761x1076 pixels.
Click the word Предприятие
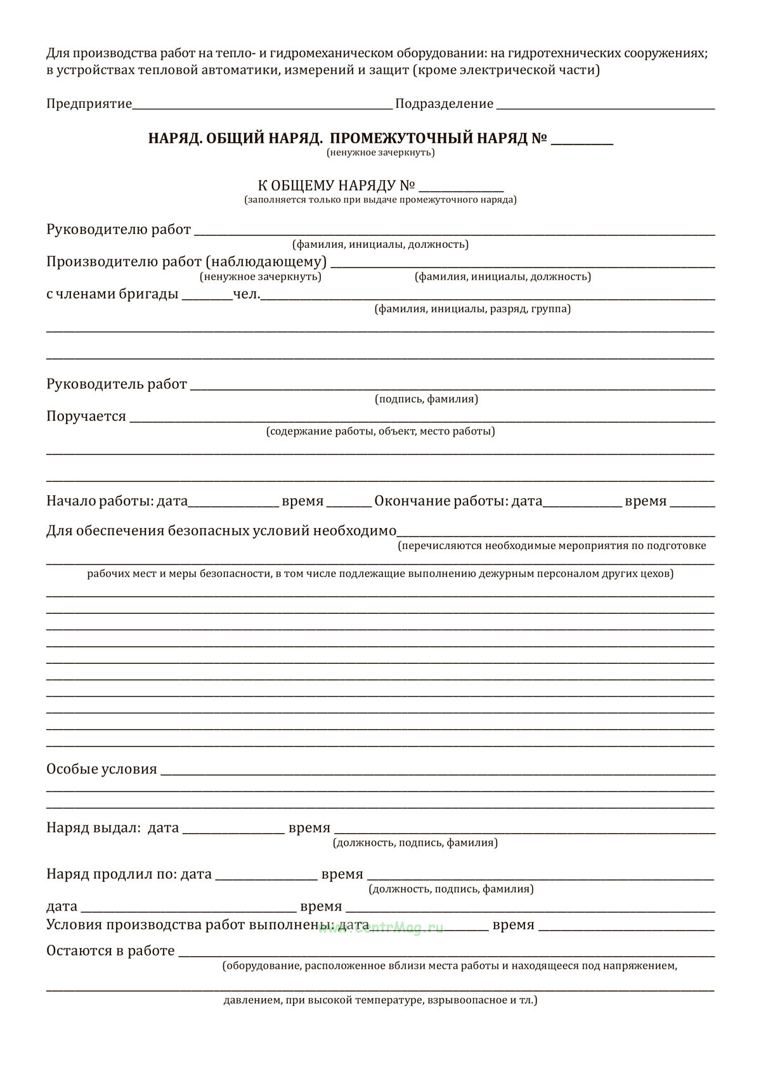pos(89,104)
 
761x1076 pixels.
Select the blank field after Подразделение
pos(606,104)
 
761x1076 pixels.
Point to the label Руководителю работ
pos(119,230)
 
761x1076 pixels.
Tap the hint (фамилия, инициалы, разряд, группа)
pos(472,309)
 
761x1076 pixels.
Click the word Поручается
pos(86,417)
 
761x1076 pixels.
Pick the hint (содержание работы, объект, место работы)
pos(380,431)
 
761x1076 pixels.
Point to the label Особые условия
pos(101,770)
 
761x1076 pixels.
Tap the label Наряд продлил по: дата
pos(129,874)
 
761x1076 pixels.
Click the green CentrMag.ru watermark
pos(380,928)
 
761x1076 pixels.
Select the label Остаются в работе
pos(110,951)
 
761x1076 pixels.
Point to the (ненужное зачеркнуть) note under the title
pos(380,153)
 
